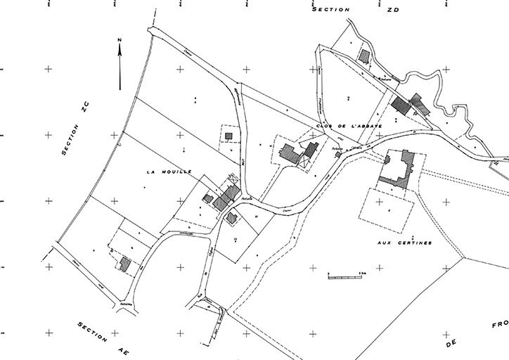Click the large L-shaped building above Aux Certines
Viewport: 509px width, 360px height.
(398, 169)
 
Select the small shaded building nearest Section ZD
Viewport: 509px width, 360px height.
(363, 54)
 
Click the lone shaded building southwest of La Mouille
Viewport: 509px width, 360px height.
(126, 264)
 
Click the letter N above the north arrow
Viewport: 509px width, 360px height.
(120, 39)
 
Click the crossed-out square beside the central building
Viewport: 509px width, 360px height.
(304, 161)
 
